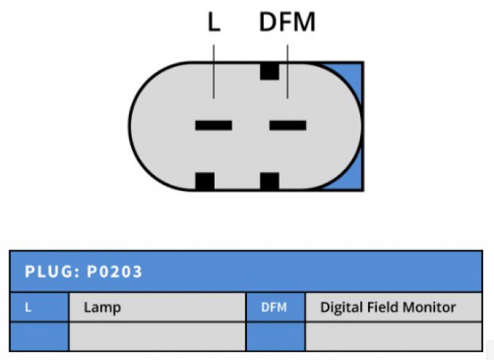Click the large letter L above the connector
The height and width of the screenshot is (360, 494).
pyautogui.click(x=214, y=22)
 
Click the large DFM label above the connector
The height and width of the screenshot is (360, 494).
pyautogui.click(x=287, y=22)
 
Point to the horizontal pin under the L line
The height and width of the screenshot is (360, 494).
pyautogui.click(x=214, y=125)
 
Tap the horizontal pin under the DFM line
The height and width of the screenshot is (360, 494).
pyautogui.click(x=287, y=125)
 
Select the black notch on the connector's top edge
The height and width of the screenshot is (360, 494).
pyautogui.click(x=269, y=71)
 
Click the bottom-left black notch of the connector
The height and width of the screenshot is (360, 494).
pyautogui.click(x=205, y=181)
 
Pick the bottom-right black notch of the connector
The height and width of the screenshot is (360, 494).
pyautogui.click(x=269, y=181)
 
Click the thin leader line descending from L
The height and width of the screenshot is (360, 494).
pyautogui.click(x=214, y=71)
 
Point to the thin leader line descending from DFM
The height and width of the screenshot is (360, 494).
pyautogui.click(x=287, y=71)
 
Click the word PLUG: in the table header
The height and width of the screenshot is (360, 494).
pyautogui.click(x=53, y=271)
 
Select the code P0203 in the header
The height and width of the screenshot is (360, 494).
pyautogui.click(x=114, y=271)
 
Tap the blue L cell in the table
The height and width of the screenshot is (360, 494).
pyautogui.click(x=40, y=307)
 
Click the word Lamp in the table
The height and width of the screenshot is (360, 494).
pyautogui.click(x=102, y=307)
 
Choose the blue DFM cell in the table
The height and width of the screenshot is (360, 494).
pyautogui.click(x=276, y=307)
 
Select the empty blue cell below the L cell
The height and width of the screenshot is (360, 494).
pyautogui.click(x=40, y=336)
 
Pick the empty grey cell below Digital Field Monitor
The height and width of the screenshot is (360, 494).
pyautogui.click(x=394, y=336)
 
